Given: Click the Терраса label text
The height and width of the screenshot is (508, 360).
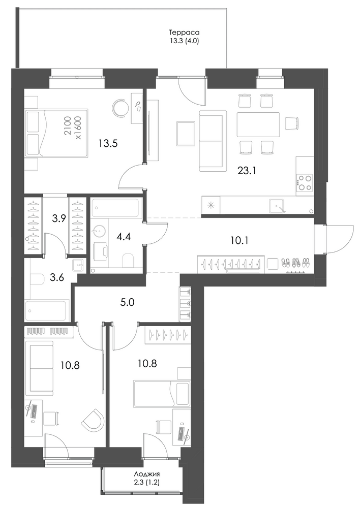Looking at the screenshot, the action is (184, 33).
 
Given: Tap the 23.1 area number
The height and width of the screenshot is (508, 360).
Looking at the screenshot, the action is (247, 171).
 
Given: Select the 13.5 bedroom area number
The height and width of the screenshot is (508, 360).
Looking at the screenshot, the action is (108, 143).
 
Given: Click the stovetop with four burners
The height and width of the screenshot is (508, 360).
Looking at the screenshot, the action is (305, 182).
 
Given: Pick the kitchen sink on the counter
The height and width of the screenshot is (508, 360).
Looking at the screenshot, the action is (277, 205).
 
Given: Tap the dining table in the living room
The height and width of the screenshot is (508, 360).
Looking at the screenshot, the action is (258, 124).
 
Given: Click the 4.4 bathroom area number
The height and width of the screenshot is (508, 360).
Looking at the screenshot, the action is (124, 237).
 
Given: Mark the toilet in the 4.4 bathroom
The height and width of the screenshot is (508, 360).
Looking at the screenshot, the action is (129, 260).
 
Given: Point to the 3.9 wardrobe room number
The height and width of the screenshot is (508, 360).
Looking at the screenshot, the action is (59, 218).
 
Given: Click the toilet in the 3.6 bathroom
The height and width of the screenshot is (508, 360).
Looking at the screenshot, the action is (37, 279).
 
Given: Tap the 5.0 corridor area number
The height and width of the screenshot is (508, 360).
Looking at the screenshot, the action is (127, 303).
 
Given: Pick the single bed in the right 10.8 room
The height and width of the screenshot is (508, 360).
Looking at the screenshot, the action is (162, 394).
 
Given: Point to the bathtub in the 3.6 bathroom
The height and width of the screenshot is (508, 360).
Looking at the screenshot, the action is (47, 311).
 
